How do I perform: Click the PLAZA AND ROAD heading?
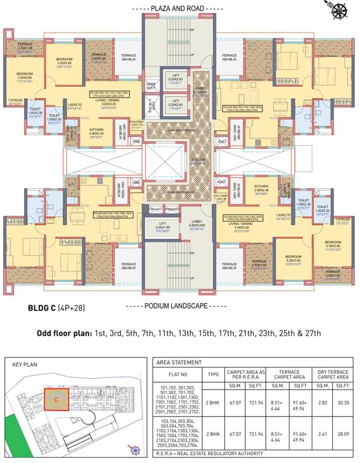point(179,8)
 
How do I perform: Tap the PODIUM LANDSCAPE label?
point(179,306)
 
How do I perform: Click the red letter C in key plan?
point(56,399)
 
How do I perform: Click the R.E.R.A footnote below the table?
point(209,453)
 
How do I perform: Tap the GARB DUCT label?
point(151,86)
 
